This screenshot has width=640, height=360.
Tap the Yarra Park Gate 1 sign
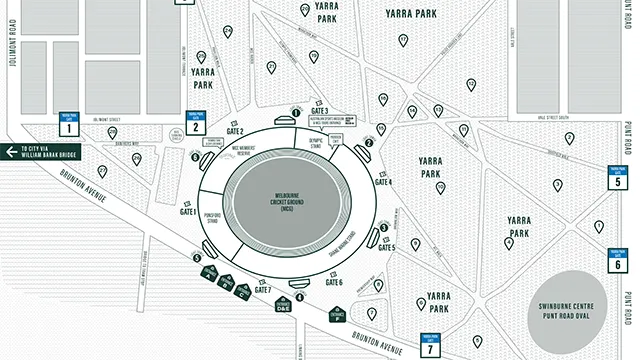click(69, 124)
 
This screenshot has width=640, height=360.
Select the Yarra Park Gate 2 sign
click(197, 122)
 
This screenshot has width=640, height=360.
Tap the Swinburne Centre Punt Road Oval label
click(574, 310)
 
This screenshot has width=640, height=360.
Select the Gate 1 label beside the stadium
click(188, 212)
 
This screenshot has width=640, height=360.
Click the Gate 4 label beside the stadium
click(383, 182)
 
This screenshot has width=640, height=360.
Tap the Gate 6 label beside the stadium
click(334, 283)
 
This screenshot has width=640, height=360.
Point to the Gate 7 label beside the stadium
click(263, 290)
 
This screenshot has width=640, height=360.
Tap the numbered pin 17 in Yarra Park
click(403, 41)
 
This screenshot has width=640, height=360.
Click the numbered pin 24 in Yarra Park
click(272, 67)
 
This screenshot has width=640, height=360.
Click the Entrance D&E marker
click(284, 308)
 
